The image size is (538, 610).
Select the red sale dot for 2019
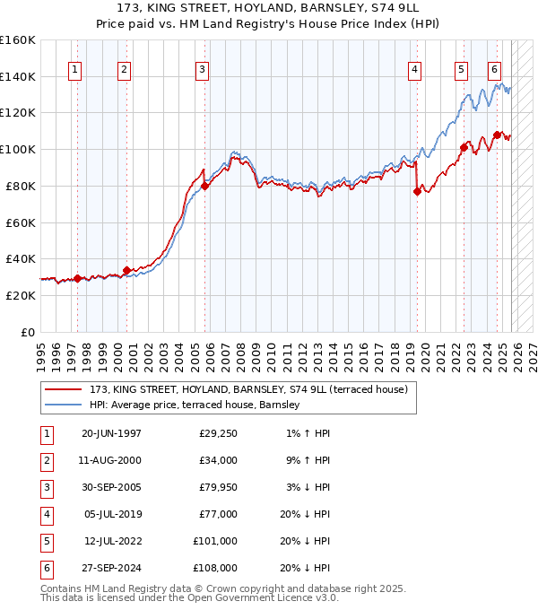click(x=417, y=191)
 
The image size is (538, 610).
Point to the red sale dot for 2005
click(x=205, y=186)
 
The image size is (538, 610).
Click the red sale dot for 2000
click(x=126, y=269)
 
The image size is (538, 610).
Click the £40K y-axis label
click(x=21, y=258)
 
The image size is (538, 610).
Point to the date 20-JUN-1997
click(x=111, y=435)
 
